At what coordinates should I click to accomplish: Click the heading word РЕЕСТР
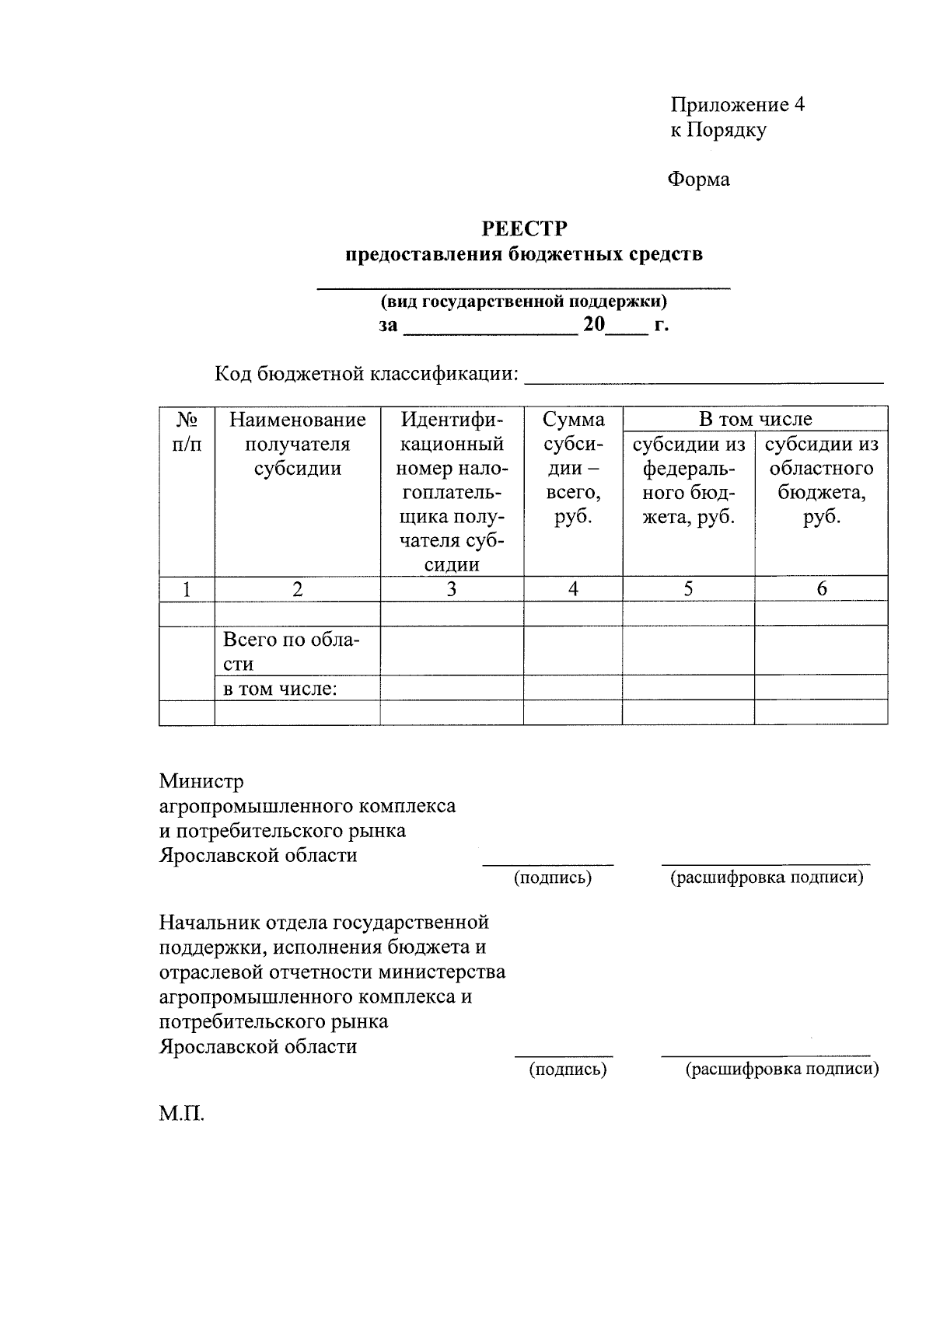pyautogui.click(x=524, y=229)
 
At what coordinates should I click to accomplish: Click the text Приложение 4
pyautogui.click(x=737, y=105)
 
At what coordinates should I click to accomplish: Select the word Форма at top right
pyautogui.click(x=698, y=180)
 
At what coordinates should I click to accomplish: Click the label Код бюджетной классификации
pyautogui.click(x=366, y=374)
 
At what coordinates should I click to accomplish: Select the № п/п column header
pyautogui.click(x=187, y=432)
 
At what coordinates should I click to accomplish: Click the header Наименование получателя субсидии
pyautogui.click(x=297, y=444)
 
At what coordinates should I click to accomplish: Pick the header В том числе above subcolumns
pyautogui.click(x=754, y=419)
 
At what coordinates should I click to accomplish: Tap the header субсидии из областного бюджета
pyautogui.click(x=821, y=480)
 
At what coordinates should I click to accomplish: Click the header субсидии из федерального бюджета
pyautogui.click(x=688, y=480)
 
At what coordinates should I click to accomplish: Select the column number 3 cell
pyautogui.click(x=452, y=589)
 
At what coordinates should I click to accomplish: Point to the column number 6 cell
pyautogui.click(x=821, y=589)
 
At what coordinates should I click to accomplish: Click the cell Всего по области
pyautogui.click(x=292, y=651)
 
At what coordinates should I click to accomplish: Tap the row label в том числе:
pyautogui.click(x=280, y=688)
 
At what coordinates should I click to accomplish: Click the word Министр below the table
pyautogui.click(x=201, y=780)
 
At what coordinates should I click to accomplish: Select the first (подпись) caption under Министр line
pyautogui.click(x=552, y=878)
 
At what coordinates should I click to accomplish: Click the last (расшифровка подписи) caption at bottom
pyautogui.click(x=781, y=1070)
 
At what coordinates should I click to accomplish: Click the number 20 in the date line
pyautogui.click(x=594, y=324)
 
